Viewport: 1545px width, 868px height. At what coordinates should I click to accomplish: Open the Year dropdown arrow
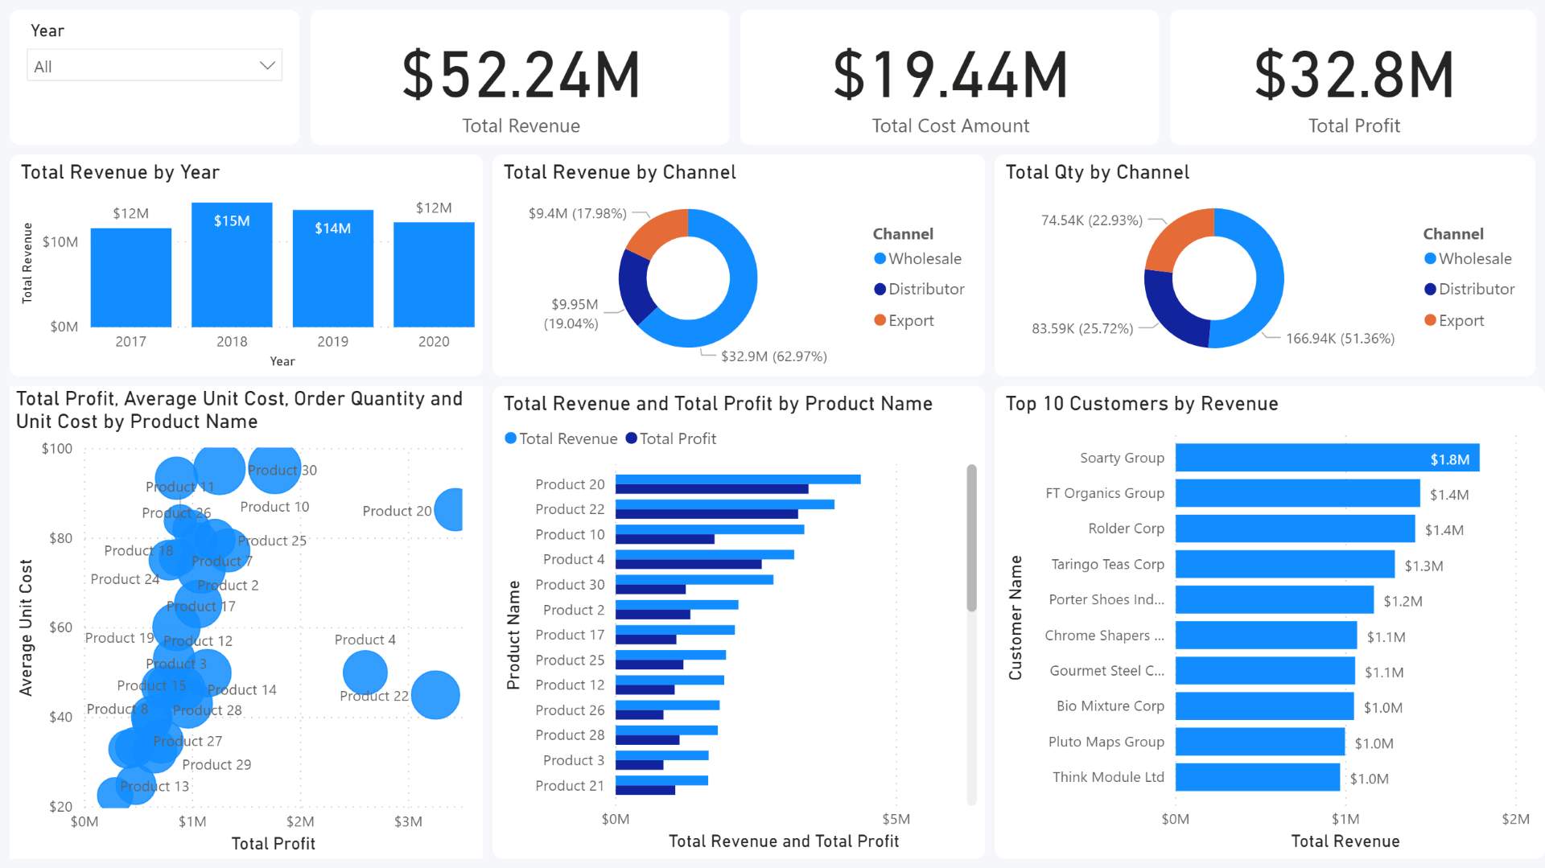[267, 66]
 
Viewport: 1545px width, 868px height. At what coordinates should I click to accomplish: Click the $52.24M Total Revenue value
[521, 75]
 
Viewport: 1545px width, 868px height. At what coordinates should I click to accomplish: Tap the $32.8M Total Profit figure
[1354, 75]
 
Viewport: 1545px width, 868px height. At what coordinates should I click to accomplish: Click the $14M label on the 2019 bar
[332, 228]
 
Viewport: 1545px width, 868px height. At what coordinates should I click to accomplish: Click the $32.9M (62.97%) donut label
[773, 356]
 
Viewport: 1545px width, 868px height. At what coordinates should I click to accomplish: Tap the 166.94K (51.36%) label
[1340, 339]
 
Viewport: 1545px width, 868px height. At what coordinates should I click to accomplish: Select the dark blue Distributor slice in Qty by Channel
[1171, 310]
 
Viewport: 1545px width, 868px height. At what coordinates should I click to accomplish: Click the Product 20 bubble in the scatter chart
[452, 509]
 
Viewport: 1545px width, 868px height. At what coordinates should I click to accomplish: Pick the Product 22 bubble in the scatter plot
[435, 695]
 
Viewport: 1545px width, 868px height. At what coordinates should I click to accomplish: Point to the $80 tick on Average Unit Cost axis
[60, 538]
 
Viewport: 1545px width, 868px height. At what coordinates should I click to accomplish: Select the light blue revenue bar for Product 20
[737, 479]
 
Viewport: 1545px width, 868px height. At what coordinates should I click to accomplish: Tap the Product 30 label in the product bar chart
[569, 585]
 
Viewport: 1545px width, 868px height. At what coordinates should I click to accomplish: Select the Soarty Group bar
[1326, 458]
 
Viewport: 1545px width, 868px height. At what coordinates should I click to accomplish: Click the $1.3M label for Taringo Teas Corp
[1423, 566]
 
